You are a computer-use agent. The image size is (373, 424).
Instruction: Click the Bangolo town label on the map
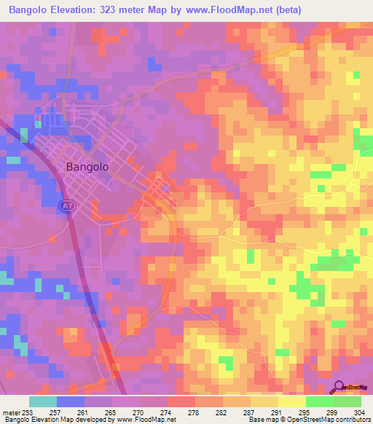click(87, 166)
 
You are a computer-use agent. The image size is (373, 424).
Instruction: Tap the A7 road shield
click(65, 207)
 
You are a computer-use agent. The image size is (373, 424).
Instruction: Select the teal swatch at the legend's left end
click(43, 401)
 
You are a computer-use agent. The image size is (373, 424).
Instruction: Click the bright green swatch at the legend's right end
click(347, 401)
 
